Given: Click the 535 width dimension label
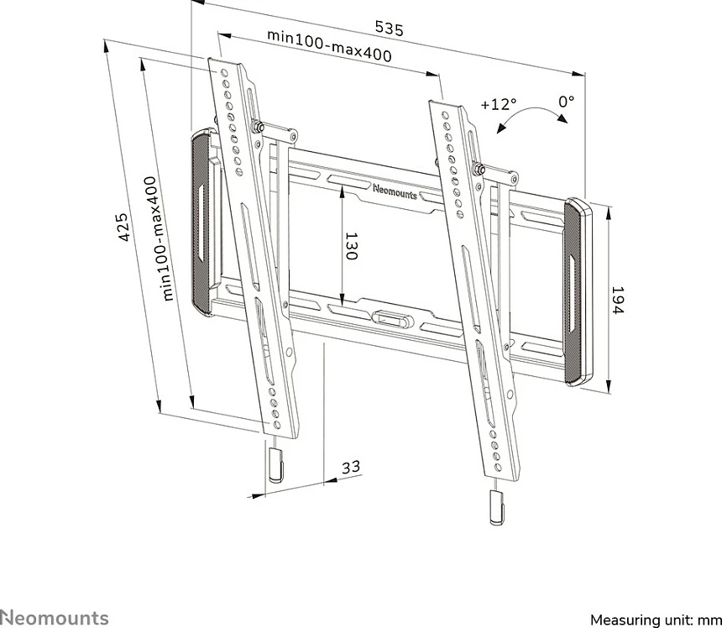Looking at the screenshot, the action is pos(389,28).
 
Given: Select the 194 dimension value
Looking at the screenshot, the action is pos(617,301).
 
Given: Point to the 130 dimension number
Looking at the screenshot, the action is pos(351,246).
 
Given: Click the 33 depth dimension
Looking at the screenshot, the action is pos(351,467).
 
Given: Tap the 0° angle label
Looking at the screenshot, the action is pos(567,101).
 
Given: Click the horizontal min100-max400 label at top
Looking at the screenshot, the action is pos(329,46).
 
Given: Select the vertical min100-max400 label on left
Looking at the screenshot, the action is pos(160,238).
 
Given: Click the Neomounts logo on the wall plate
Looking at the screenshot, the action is pos(395,192).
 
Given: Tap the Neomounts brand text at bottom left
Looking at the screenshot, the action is pos(55,617).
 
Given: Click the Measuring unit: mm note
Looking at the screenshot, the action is pos(656,620).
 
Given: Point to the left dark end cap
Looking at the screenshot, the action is pos(201,222).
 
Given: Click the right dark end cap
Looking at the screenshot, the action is pos(577,292).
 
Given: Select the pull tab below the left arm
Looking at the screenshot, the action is pos(275,464).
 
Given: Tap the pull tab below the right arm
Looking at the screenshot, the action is pos(496,507).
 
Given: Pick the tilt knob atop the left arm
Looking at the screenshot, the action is pos(256,125).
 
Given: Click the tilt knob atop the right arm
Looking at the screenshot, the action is pos(478,169).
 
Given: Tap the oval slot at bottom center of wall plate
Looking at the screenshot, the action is pos(390,317).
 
